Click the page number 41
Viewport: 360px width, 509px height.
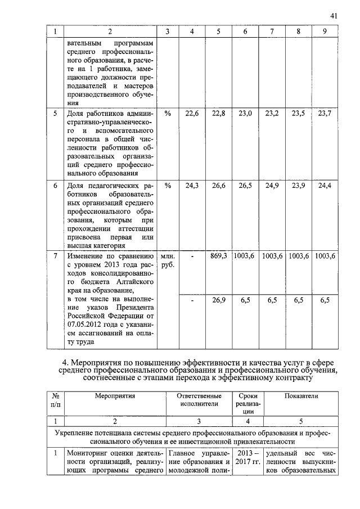coord(334,16)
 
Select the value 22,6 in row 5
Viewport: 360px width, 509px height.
coord(192,113)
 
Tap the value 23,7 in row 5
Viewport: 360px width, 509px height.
coord(325,113)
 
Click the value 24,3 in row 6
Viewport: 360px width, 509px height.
coord(192,186)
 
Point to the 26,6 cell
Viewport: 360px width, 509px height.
coord(218,186)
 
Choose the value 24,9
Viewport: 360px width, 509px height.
coord(272,186)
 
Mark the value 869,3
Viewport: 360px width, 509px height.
coord(218,255)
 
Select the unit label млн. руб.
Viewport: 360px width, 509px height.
coord(168,260)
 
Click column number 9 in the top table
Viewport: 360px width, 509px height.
coord(325,31)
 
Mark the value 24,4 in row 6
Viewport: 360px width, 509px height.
coord(325,186)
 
